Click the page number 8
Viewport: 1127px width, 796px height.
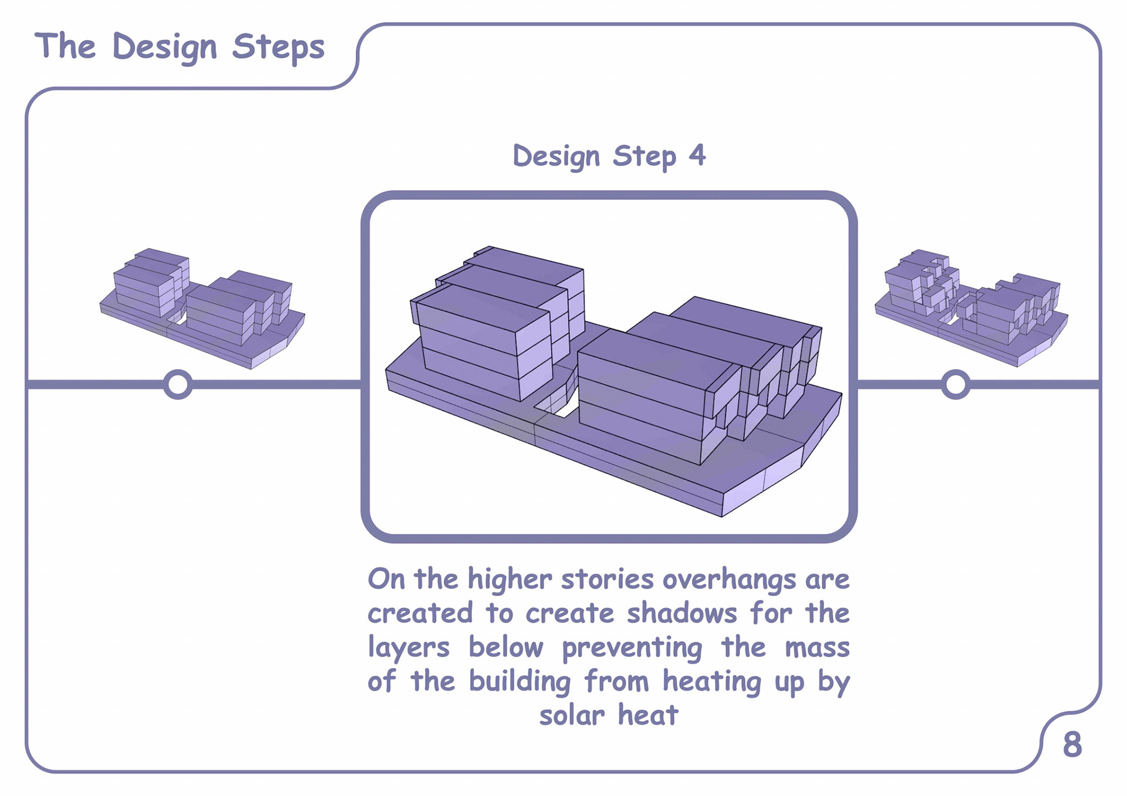click(x=1072, y=745)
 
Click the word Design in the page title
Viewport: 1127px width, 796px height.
click(x=164, y=47)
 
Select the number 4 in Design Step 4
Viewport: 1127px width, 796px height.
click(x=697, y=155)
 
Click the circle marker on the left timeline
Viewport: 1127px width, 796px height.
click(x=178, y=384)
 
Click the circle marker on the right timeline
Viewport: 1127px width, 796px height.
click(x=955, y=384)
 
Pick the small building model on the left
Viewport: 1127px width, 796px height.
click(x=203, y=308)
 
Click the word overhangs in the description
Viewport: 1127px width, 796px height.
click(x=728, y=580)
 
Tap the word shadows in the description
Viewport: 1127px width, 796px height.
click(x=681, y=614)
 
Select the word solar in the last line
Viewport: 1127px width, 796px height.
click(x=572, y=716)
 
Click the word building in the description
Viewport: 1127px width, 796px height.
click(x=519, y=682)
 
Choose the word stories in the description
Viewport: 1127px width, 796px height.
click(x=607, y=580)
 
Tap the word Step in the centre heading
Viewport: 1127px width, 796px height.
click(x=644, y=157)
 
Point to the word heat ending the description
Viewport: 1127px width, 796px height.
click(x=648, y=716)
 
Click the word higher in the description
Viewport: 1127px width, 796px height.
click(x=509, y=580)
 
